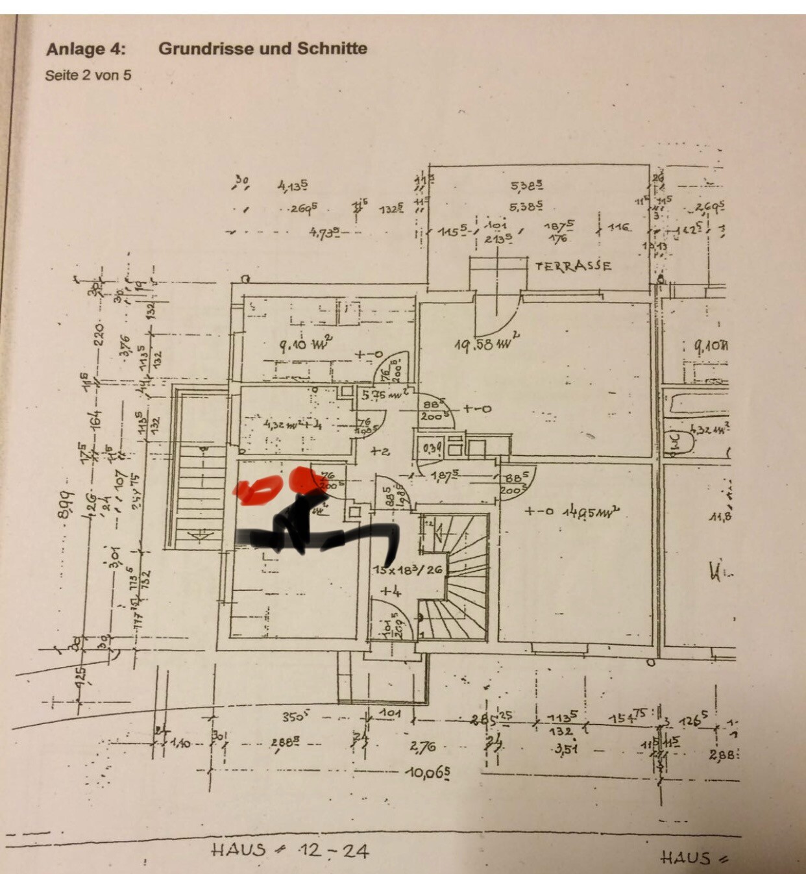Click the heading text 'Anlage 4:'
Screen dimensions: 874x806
(x=86, y=49)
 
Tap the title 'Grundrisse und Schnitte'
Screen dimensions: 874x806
(x=262, y=49)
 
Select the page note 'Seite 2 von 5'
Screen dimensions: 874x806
(x=88, y=75)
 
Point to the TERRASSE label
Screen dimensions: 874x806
(x=572, y=266)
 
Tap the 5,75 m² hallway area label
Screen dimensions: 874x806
(x=385, y=394)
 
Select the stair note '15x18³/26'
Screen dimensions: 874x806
(x=408, y=569)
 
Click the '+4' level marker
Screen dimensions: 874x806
(x=391, y=591)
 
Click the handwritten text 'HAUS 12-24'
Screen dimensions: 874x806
(x=291, y=850)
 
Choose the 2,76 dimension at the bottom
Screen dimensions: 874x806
(x=422, y=747)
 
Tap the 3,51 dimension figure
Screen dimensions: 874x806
(x=566, y=749)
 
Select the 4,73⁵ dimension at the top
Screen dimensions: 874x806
(x=324, y=232)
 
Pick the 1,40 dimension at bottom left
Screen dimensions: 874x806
(x=180, y=742)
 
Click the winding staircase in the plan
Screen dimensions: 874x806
(x=454, y=578)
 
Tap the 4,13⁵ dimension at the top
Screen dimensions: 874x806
(x=292, y=186)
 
